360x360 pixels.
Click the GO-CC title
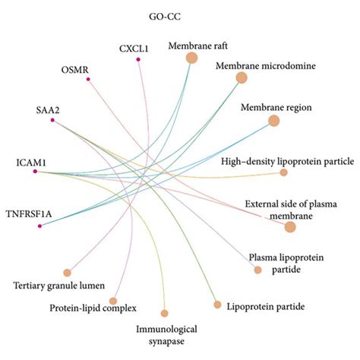(163, 16)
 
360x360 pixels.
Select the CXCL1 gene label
(134, 49)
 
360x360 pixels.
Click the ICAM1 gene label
(31, 162)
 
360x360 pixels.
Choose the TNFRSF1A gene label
(31, 213)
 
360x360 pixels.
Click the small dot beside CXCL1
(138, 59)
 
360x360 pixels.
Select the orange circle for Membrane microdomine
(242, 77)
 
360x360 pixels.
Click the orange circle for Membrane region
(274, 120)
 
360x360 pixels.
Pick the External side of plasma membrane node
(289, 226)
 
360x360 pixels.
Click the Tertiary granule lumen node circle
(67, 272)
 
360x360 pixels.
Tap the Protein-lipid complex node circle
(113, 301)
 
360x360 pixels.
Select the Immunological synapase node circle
(164, 312)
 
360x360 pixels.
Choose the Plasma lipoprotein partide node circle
(257, 270)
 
